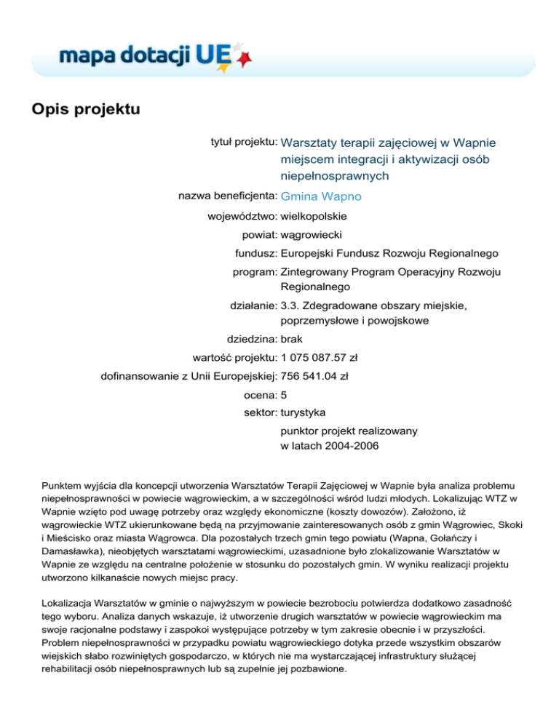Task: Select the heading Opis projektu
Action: click(x=85, y=110)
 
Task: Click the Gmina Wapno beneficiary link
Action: click(x=321, y=196)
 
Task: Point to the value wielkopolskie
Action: click(x=314, y=216)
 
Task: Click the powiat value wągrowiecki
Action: click(x=312, y=235)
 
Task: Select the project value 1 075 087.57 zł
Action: click(x=318, y=357)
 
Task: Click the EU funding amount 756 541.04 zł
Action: click(x=314, y=376)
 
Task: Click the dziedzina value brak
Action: click(x=292, y=338)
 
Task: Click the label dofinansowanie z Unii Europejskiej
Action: click(x=188, y=376)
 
